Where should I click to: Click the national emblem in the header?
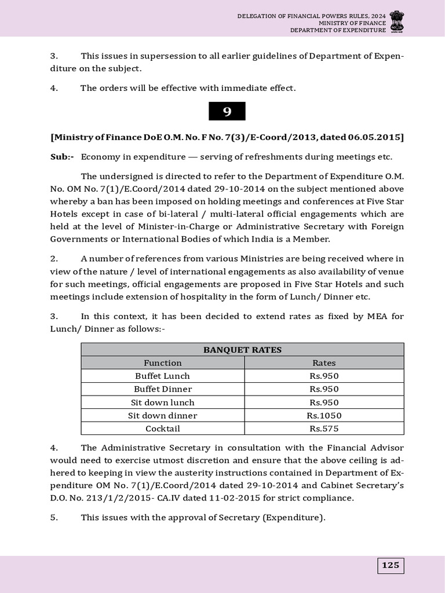(x=397, y=21)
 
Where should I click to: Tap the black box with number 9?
(x=227, y=112)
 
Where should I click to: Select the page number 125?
(x=391, y=565)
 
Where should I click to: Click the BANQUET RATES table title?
(x=242, y=350)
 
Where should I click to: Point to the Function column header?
(x=163, y=363)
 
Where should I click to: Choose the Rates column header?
(x=324, y=363)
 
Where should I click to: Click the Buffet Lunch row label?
(x=163, y=376)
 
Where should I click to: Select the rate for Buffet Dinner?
(x=324, y=389)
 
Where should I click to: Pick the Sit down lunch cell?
(x=163, y=402)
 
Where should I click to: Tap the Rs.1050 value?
(x=324, y=416)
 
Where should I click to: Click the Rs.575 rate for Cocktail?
(x=324, y=429)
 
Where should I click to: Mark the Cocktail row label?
(x=163, y=429)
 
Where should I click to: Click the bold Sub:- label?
(x=62, y=157)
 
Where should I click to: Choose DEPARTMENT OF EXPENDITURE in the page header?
(x=337, y=30)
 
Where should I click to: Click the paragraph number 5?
(x=53, y=518)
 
